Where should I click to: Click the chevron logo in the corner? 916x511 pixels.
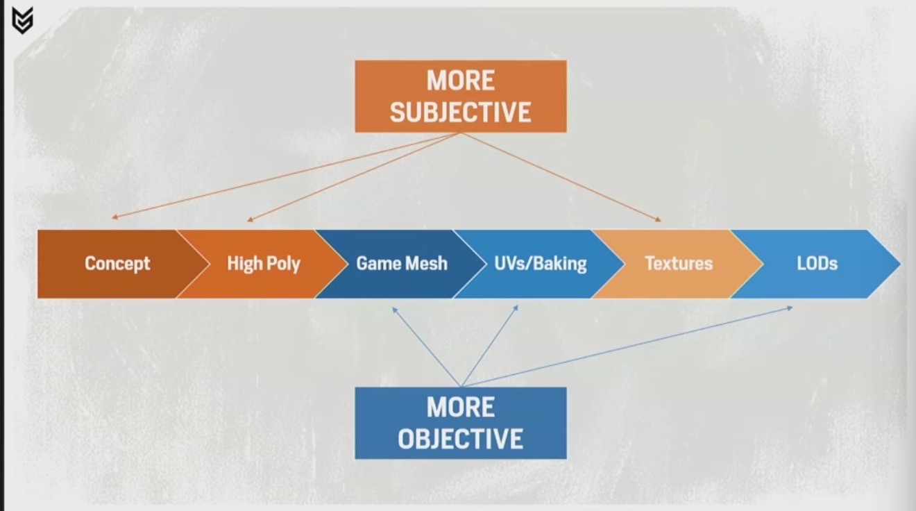point(22,20)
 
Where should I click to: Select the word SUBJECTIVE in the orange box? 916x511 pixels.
point(461,112)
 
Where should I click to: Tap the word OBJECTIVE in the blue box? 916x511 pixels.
point(461,439)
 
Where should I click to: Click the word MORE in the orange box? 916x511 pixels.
point(461,80)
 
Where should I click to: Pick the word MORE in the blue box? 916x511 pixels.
point(461,407)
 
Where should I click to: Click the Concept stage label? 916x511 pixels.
point(117,263)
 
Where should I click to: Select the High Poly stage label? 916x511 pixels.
point(264,263)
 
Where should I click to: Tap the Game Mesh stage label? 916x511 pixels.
point(402,263)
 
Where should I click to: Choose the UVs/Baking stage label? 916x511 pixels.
point(541,263)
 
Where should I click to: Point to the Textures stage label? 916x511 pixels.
point(679,263)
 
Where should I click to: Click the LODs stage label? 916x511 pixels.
point(817,263)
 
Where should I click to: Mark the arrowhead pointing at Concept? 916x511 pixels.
point(115,217)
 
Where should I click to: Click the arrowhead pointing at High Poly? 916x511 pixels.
point(251,219)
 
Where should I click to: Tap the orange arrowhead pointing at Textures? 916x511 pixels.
point(658,219)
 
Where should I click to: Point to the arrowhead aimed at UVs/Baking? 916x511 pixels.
point(516,308)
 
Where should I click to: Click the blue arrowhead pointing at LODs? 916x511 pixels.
point(790,308)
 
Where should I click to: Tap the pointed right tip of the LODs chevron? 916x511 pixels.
point(901,264)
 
